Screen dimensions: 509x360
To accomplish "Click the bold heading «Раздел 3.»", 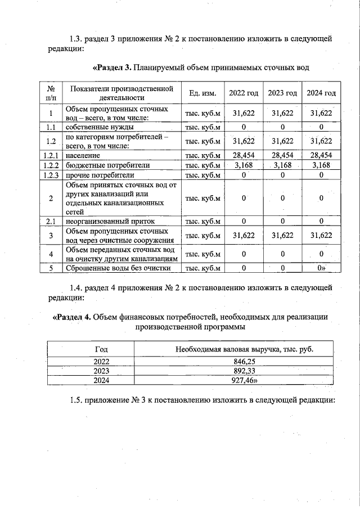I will coord(112,68).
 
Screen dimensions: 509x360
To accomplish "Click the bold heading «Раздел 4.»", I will coord(71,317).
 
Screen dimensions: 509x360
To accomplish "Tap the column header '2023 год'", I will coord(282,93).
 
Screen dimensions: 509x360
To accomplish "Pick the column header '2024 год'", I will coord(321,93).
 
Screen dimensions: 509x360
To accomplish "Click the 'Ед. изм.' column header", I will coord(203,93).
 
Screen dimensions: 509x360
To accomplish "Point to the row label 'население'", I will coord(83,155).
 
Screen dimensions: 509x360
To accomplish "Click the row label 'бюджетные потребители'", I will coord(107,165).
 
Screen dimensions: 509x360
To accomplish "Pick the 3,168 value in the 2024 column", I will coord(321,165).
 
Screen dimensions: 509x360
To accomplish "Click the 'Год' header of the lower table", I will coord(102,349).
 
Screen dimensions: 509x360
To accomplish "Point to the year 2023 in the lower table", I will coord(102,371).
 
